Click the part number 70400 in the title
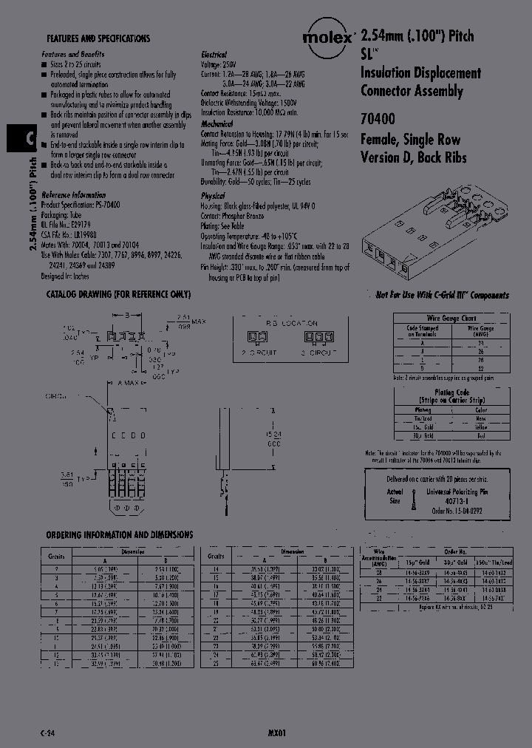coord(378,118)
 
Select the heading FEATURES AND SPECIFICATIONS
coord(98,38)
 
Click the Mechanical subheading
coord(216,124)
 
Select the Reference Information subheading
coord(74,194)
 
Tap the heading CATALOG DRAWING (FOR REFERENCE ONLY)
coord(118,294)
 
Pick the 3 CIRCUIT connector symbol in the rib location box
coord(318,338)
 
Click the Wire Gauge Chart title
coord(450,318)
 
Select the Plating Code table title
coord(451,392)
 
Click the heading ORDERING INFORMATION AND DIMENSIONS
coord(120,534)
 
